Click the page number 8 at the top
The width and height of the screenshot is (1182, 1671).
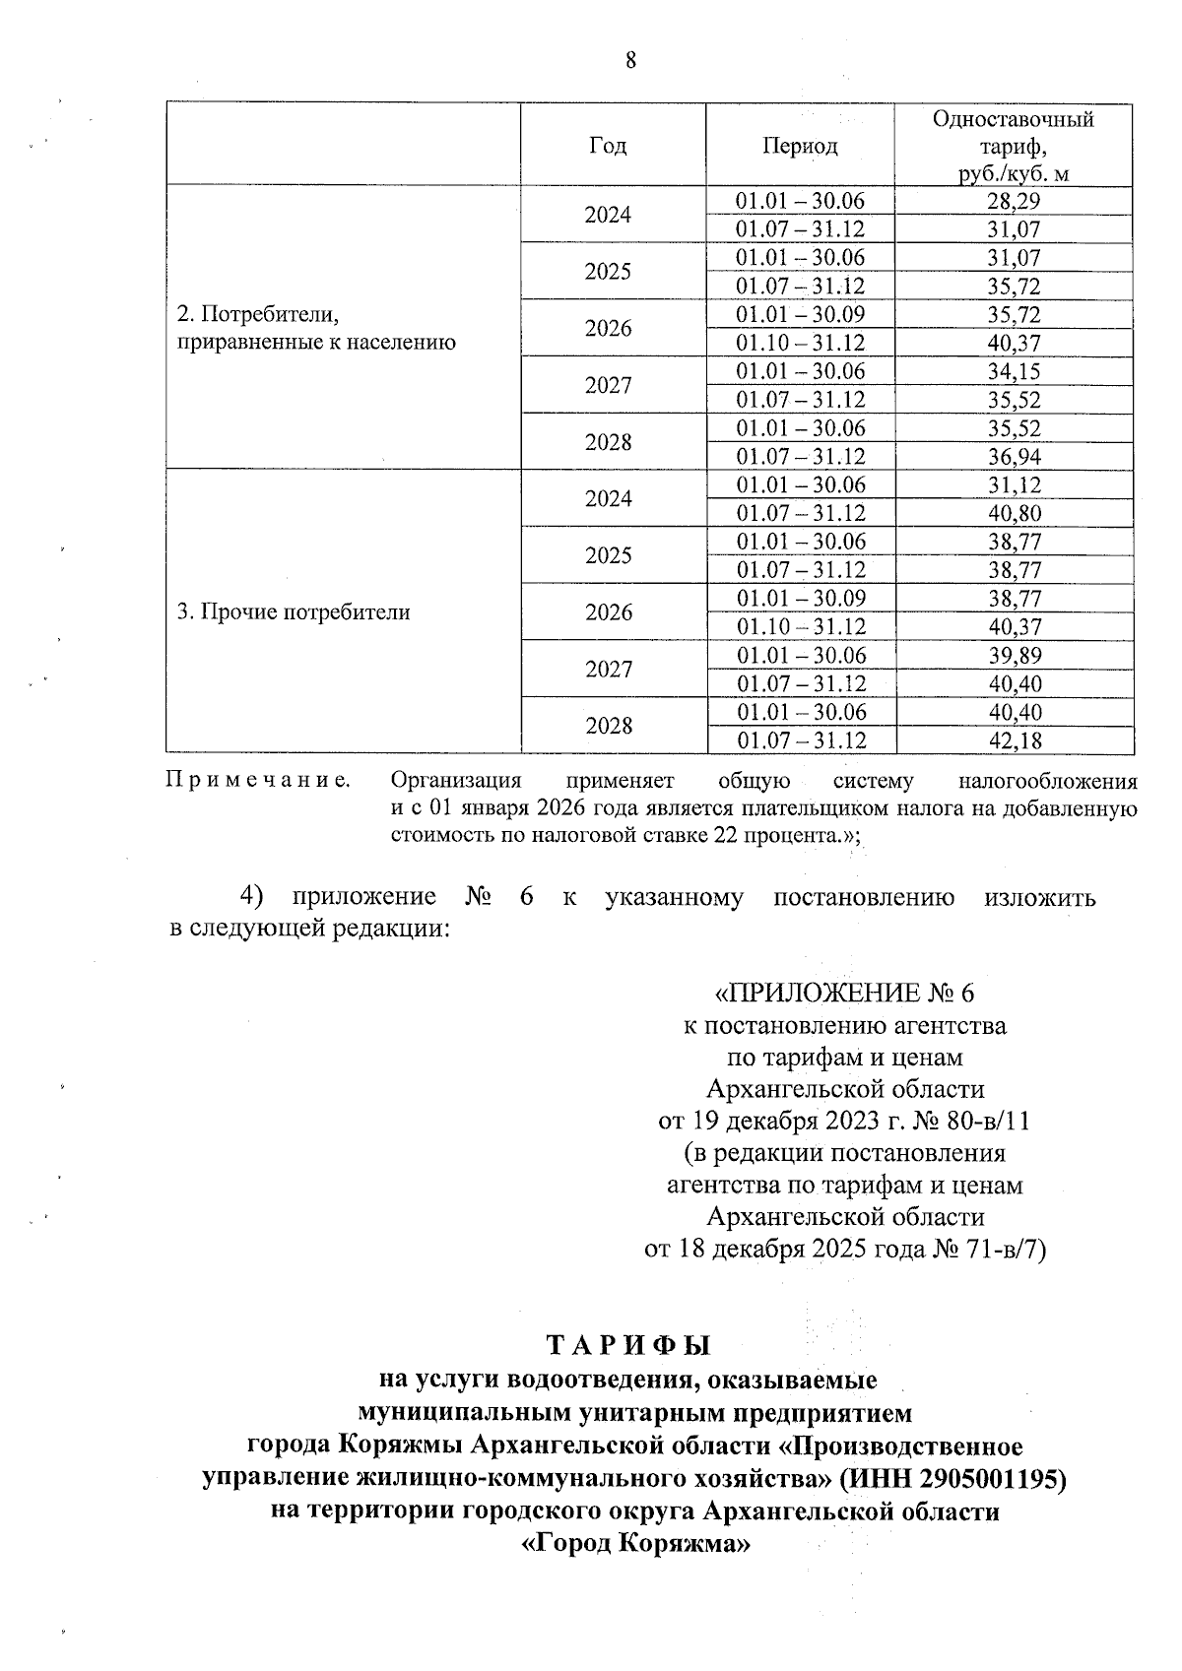point(630,61)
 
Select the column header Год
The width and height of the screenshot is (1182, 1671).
point(608,146)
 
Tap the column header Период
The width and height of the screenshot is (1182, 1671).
point(800,146)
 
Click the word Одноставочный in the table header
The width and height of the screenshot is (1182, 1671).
point(1014,120)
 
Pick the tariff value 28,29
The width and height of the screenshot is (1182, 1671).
point(1014,202)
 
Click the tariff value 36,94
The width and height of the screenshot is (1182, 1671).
point(1014,457)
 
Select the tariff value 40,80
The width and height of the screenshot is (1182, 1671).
point(1014,514)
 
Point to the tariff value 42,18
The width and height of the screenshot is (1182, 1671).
point(1014,740)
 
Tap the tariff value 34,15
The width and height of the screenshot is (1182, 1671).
point(1014,372)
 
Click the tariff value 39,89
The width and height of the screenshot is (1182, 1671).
point(1014,656)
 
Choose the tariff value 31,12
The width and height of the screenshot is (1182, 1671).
point(1014,485)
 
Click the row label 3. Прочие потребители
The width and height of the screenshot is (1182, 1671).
point(293,612)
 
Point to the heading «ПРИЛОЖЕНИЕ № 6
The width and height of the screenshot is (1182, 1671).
point(844,993)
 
